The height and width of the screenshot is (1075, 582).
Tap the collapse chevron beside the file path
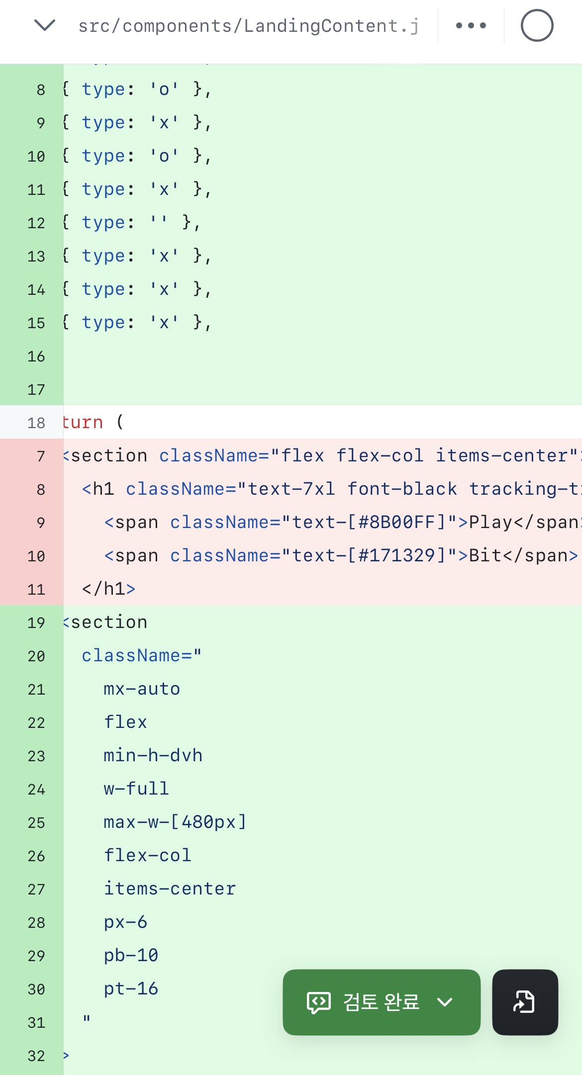pyautogui.click(x=45, y=25)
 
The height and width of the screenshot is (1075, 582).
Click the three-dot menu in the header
pyautogui.click(x=471, y=25)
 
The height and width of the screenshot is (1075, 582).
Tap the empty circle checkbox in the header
pyautogui.click(x=537, y=25)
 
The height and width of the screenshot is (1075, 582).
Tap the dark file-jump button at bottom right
pyautogui.click(x=525, y=1002)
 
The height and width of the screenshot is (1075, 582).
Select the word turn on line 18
pyautogui.click(x=83, y=422)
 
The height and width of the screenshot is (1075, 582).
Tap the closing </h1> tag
pyautogui.click(x=108, y=589)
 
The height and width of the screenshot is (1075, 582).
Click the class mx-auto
pyautogui.click(x=142, y=689)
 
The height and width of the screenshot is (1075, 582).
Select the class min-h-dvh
pyautogui.click(x=153, y=755)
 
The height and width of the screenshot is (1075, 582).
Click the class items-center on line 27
pyautogui.click(x=170, y=889)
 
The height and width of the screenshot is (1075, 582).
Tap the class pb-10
pyautogui.click(x=131, y=956)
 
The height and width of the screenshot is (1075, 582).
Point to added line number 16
pyautogui.click(x=36, y=356)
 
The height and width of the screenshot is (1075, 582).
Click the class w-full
pyautogui.click(x=136, y=789)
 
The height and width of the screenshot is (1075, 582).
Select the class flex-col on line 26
pyautogui.click(x=147, y=855)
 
